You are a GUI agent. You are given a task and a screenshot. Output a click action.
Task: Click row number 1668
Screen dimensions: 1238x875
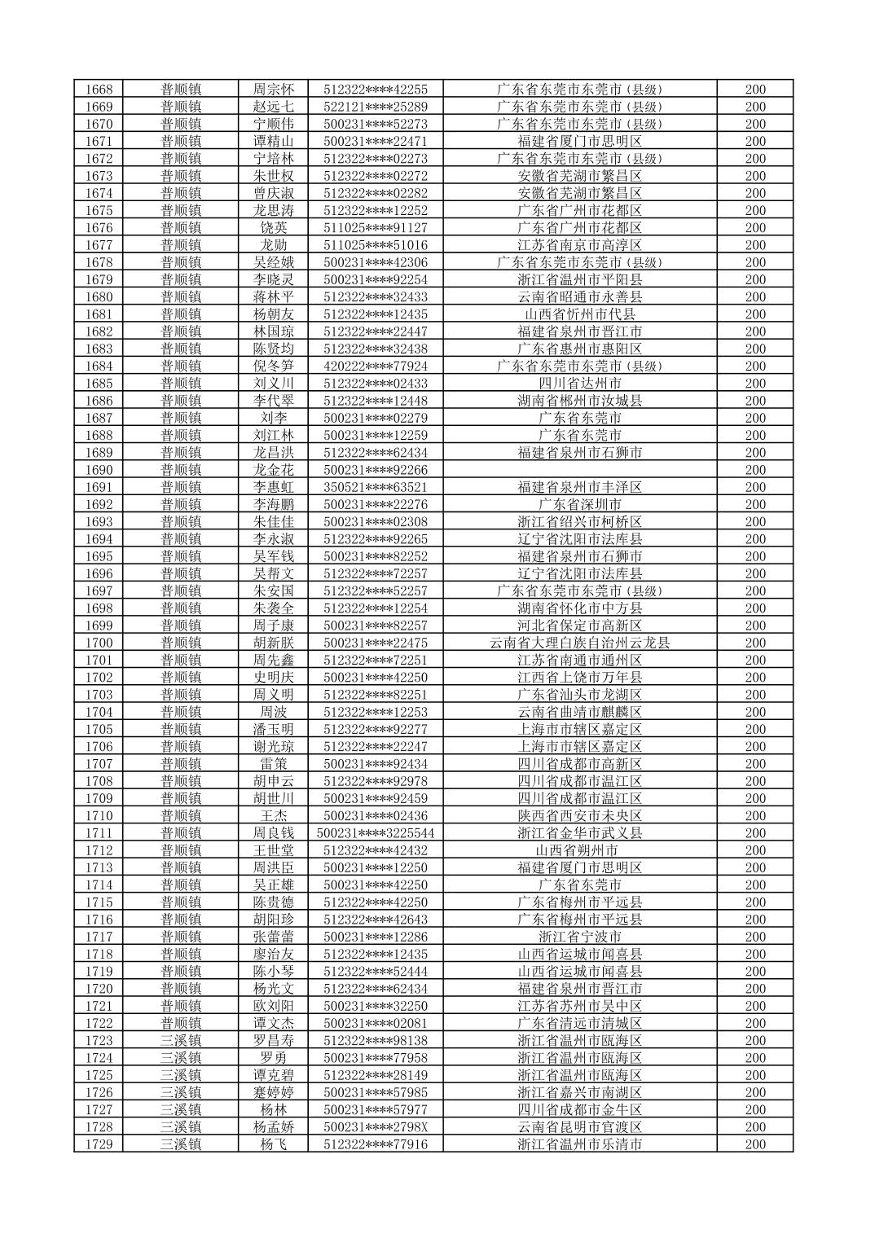click(x=99, y=90)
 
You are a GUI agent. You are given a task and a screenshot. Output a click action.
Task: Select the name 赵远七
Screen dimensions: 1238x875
click(x=274, y=107)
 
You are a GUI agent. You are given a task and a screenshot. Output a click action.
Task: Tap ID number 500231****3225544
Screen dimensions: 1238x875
click(x=376, y=833)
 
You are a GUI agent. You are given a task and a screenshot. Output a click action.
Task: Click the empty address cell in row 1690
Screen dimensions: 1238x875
click(x=579, y=470)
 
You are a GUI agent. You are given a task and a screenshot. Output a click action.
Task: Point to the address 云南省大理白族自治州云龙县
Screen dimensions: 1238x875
click(x=579, y=643)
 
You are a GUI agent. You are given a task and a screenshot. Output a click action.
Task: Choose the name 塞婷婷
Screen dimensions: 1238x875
click(x=274, y=1092)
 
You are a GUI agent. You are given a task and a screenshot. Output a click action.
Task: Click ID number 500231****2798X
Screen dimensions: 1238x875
click(x=376, y=1127)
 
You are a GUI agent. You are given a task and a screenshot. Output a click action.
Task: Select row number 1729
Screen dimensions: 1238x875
click(x=99, y=1144)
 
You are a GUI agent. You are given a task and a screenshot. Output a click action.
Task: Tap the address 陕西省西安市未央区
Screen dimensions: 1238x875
click(x=579, y=816)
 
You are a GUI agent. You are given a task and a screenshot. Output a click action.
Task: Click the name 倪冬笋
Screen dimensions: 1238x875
click(x=274, y=367)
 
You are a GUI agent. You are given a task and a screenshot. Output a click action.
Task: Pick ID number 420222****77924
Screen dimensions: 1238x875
click(x=376, y=367)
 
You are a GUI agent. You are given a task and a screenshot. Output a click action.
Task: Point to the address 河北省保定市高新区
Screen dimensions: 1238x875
click(x=579, y=626)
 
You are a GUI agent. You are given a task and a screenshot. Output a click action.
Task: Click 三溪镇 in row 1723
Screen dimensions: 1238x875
click(x=181, y=1041)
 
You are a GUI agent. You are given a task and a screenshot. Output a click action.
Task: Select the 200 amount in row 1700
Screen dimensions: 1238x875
click(x=755, y=643)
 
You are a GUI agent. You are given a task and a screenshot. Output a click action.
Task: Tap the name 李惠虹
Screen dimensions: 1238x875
click(x=274, y=487)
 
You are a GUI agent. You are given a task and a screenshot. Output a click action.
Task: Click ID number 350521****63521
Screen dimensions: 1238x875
click(x=376, y=487)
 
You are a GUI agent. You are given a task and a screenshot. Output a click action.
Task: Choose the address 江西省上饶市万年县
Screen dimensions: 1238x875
click(x=579, y=678)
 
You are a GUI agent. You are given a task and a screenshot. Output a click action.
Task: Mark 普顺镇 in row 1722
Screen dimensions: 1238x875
click(x=181, y=1023)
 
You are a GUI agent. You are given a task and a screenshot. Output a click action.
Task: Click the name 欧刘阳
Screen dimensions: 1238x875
click(x=274, y=1006)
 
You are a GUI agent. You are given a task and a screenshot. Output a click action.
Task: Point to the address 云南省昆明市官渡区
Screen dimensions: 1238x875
click(x=579, y=1127)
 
